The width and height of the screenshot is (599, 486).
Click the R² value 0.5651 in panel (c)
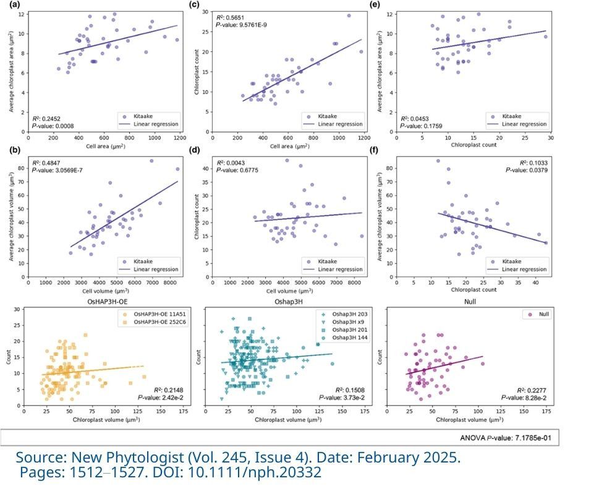(233, 18)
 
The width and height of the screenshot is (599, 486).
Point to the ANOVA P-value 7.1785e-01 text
(508, 438)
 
